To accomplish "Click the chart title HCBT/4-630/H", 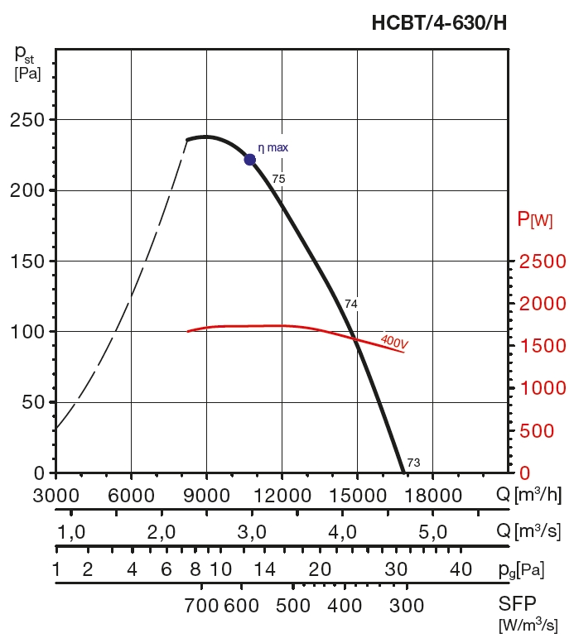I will pos(439,23).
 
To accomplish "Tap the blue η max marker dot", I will pos(250,159).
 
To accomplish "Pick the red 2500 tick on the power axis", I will pos(543,262).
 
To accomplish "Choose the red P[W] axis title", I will pos(535,219).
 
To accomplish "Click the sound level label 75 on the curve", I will pos(278,179).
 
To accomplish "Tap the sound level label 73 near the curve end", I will pos(414,463).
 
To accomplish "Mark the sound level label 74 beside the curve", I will pos(350,305).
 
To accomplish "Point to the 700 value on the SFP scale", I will pos(201,606).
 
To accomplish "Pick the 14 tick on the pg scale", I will pos(264,569).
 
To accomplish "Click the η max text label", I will pos(273,148).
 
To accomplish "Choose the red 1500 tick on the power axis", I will pos(543,346).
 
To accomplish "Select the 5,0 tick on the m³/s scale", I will pos(433,531).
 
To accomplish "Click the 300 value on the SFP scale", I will pos(407,606).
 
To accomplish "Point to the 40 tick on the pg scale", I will pos(461,569).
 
